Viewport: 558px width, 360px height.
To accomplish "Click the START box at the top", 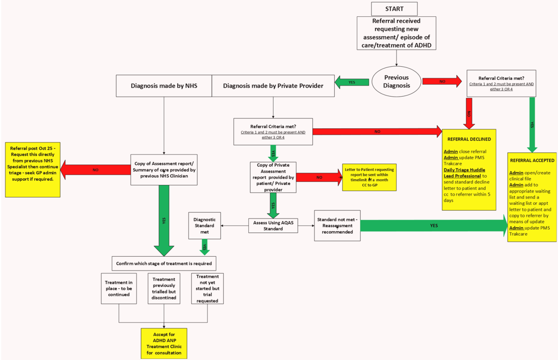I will pos(394,9).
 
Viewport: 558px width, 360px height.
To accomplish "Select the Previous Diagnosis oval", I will pos(396,81).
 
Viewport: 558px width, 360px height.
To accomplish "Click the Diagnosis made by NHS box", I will pos(164,86).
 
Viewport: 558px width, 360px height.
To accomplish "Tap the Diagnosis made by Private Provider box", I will pos(273,86).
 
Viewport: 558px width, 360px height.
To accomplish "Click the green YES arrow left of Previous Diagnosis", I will pos(352,81).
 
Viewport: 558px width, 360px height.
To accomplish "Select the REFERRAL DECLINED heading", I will pos(469,139).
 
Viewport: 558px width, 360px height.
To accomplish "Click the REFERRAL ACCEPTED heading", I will pos(532,160).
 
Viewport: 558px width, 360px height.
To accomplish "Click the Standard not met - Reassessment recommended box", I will pos(337,226).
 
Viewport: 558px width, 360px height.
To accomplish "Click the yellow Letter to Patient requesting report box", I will pos(368,177).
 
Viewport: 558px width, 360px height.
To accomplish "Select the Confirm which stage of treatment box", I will pos(164,263).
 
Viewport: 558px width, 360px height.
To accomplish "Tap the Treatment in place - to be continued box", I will pos(119,289).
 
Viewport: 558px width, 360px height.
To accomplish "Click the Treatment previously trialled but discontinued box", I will pos(164,289).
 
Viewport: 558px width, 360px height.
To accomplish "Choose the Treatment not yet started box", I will pos(207,289).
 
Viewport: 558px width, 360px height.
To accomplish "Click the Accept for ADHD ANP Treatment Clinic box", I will pos(164,343).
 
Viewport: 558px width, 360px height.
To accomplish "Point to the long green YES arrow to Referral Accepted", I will pos(433,226).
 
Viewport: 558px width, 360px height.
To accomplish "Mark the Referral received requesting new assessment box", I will pos(396,33).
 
